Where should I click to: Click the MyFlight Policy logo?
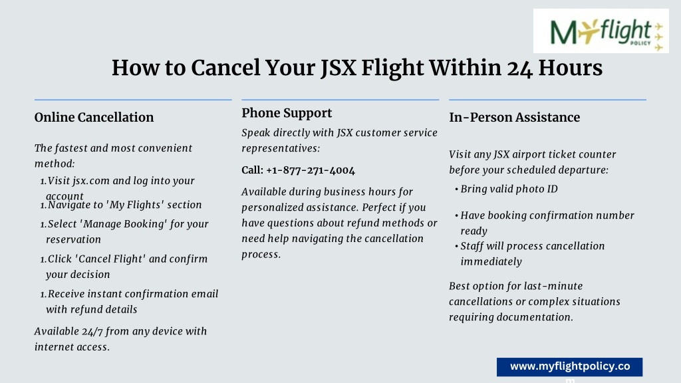point(601,31)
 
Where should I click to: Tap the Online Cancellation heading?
point(94,117)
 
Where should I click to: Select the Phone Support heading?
point(287,113)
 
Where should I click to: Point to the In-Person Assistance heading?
point(514,117)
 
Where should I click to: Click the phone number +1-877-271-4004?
point(311,170)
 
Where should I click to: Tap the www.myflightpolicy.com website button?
point(570,367)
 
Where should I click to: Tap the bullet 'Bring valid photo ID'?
point(509,190)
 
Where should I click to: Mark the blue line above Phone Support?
point(340,100)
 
